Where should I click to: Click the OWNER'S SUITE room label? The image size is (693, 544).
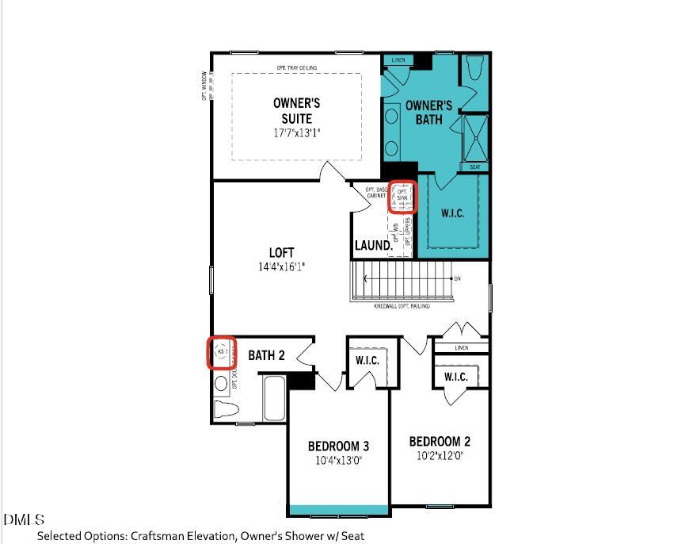(296, 111)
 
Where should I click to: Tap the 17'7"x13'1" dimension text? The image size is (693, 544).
(296, 133)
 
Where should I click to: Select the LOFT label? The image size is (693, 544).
(281, 253)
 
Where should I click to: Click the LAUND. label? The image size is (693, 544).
(373, 246)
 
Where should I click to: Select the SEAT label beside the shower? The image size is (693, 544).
(475, 167)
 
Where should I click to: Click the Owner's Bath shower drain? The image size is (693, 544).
(475, 138)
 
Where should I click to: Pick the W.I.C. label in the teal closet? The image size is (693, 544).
(452, 213)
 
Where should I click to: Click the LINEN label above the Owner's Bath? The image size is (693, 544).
(398, 60)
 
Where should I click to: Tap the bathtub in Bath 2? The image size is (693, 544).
(274, 399)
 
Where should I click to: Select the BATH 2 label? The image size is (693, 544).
(266, 355)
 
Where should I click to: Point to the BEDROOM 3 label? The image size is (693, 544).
(338, 446)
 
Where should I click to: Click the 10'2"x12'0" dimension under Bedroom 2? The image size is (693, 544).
(440, 456)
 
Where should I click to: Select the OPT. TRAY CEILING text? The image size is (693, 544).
(296, 68)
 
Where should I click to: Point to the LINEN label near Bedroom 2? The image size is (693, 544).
(462, 348)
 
